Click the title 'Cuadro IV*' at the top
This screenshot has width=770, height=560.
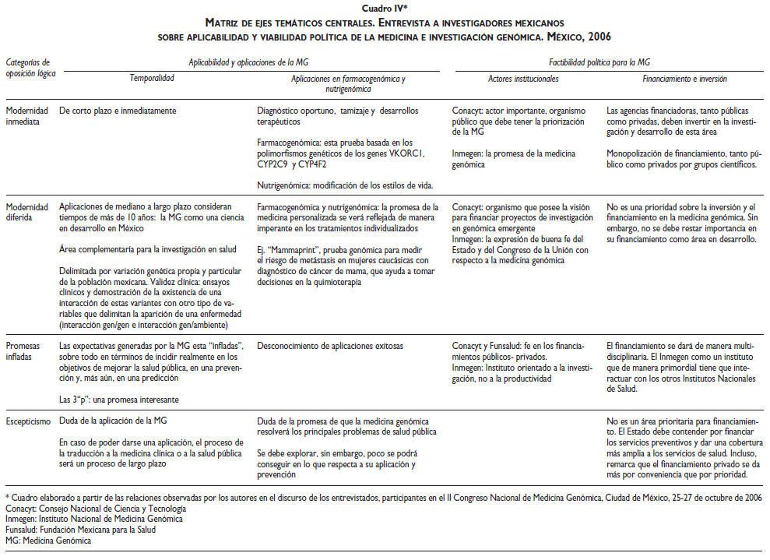pyautogui.click(x=385, y=8)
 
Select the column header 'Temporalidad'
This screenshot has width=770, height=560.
pyautogui.click(x=152, y=79)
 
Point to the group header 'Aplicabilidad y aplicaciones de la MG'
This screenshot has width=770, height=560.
pyautogui.click(x=254, y=61)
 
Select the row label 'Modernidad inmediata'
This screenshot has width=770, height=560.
pyautogui.click(x=27, y=115)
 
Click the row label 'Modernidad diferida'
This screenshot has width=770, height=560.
pyautogui.click(x=27, y=212)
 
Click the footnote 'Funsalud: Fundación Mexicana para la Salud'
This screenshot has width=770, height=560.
pyautogui.click(x=80, y=530)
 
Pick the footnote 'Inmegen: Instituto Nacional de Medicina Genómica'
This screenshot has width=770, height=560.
pyautogui.click(x=88, y=519)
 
